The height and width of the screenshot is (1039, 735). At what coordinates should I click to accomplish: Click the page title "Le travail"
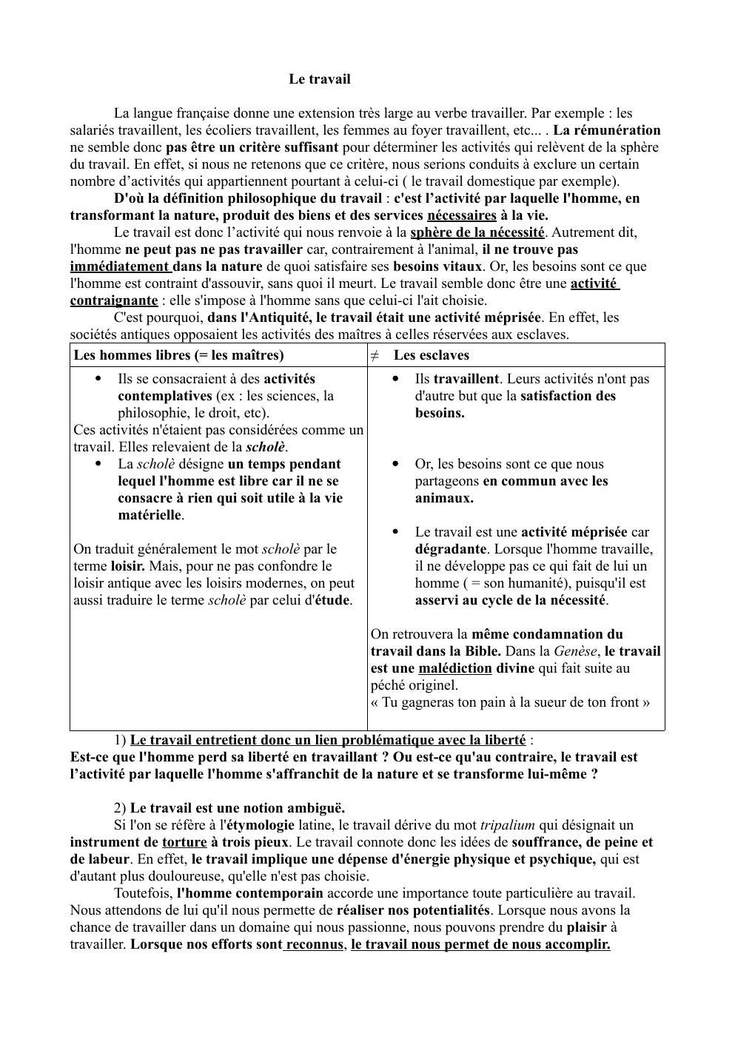tap(319, 79)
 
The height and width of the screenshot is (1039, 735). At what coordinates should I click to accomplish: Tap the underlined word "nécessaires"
tap(462, 215)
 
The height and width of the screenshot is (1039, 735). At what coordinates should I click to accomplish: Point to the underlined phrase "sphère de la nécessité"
tap(477, 232)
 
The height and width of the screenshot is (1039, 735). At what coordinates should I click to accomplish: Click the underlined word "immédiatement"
tap(120, 266)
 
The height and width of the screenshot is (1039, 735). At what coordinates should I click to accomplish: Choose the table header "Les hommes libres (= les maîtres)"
tap(178, 355)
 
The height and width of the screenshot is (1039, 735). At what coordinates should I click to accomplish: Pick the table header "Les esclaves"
tap(432, 355)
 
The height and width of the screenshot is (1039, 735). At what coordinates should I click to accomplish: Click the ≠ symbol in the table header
tap(375, 355)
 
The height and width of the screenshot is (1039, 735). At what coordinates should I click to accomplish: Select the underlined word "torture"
tap(184, 842)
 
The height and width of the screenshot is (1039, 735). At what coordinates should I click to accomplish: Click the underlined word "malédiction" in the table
tap(454, 668)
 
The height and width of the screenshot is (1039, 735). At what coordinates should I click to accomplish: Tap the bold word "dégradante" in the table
tap(451, 549)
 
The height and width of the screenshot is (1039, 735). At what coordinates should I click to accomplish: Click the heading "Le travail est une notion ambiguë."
tap(237, 808)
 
